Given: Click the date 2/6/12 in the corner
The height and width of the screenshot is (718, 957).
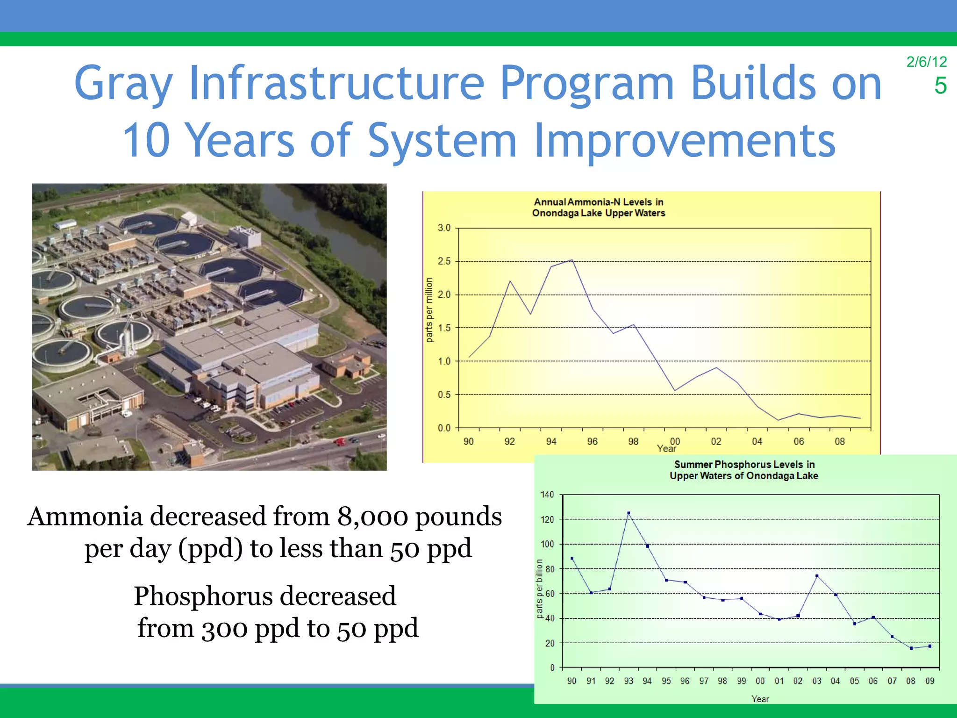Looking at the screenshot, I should pyautogui.click(x=926, y=62).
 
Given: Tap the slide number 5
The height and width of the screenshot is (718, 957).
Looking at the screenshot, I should pyautogui.click(x=940, y=86).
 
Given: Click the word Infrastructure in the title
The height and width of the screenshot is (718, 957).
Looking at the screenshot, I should pyautogui.click(x=336, y=83).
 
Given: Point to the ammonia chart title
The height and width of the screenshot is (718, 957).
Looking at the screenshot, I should pyautogui.click(x=598, y=208).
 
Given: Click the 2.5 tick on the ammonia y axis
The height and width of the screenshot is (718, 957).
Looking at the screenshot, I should pyautogui.click(x=444, y=261).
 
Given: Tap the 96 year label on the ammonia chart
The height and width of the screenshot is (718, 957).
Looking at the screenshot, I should pyautogui.click(x=592, y=442).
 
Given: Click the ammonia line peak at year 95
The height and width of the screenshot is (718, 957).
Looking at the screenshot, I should pyautogui.click(x=571, y=260).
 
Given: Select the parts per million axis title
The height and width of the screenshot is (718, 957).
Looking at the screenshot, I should pyautogui.click(x=429, y=310).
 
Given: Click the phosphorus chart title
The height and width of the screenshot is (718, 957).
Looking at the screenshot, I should pyautogui.click(x=743, y=470).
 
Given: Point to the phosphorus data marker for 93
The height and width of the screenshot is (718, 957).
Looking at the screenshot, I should pyautogui.click(x=628, y=513).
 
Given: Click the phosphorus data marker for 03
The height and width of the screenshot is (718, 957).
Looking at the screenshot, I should pyautogui.click(x=817, y=576).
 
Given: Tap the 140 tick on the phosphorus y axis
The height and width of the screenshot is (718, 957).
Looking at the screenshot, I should pyautogui.click(x=547, y=495).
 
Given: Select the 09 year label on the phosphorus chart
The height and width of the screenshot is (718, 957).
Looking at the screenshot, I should pyautogui.click(x=929, y=681).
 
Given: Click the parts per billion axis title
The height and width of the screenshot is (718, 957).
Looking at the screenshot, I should pyautogui.click(x=539, y=589).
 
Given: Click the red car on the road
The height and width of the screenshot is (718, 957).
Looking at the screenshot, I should pyautogui.click(x=340, y=441).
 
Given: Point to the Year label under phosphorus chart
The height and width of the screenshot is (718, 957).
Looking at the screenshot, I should pyautogui.click(x=760, y=699).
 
